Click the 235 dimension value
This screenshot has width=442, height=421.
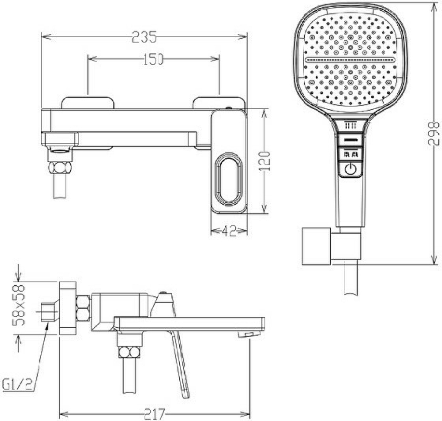144,37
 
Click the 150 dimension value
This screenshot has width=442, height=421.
153,59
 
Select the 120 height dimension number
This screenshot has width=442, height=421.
264,161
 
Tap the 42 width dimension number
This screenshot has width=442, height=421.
229,231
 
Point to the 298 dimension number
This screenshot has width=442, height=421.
434,134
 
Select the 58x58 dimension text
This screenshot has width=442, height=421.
18,305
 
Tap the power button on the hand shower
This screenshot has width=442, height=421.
351,169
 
